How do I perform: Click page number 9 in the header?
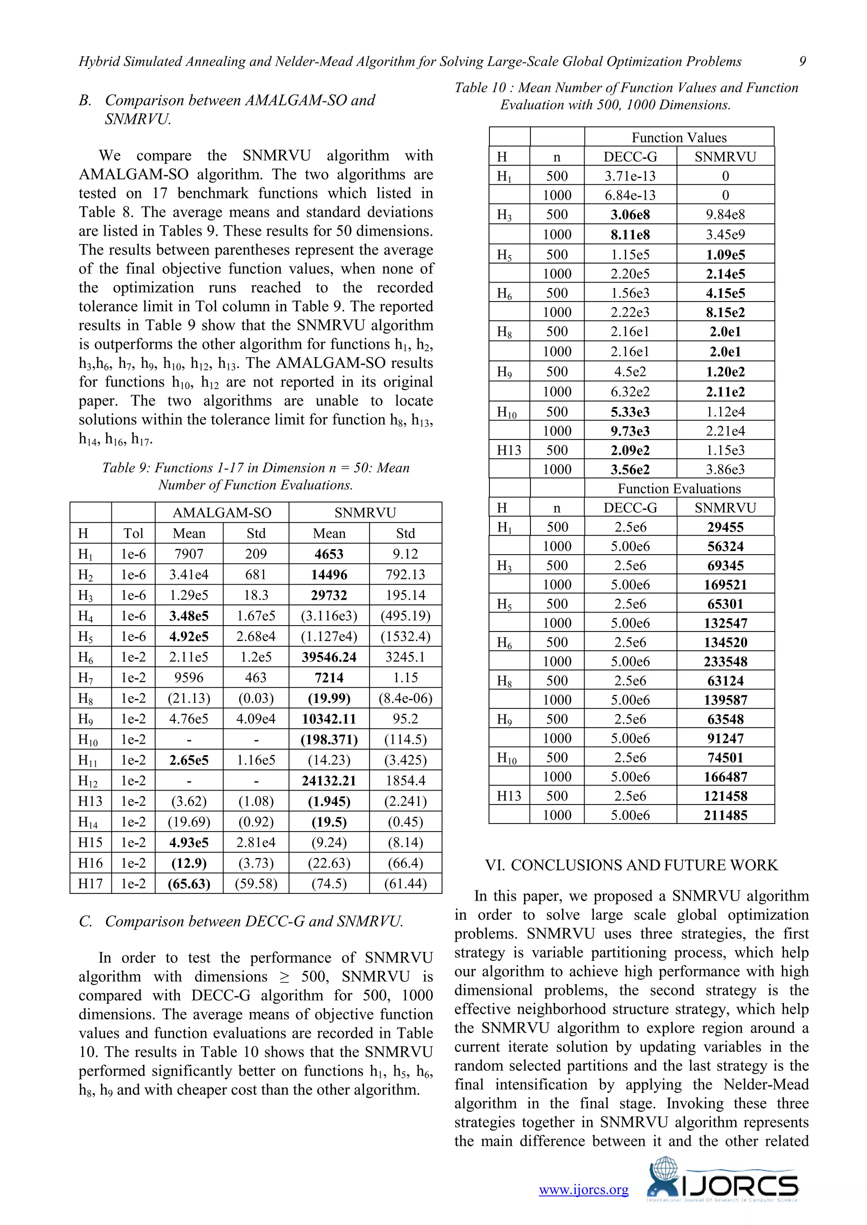tap(802, 61)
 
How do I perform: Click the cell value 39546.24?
tap(329, 657)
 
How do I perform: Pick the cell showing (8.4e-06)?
tap(405, 698)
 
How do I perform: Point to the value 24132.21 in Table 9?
tap(329, 780)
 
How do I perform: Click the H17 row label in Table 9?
tap(90, 884)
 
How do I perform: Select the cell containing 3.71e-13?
tap(630, 176)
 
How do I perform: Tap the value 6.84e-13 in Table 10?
tap(630, 195)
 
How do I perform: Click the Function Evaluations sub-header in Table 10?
tap(679, 489)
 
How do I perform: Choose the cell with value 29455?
tap(725, 527)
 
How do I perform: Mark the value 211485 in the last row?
tap(725, 815)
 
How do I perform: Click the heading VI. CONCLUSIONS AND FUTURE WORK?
tap(631, 865)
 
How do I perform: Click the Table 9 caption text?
tap(256, 476)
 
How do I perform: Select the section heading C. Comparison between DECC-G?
tap(241, 921)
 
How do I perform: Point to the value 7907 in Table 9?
tap(189, 554)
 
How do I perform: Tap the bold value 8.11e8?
tap(630, 234)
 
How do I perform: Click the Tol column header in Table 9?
tap(133, 533)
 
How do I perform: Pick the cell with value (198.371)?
tap(329, 739)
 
